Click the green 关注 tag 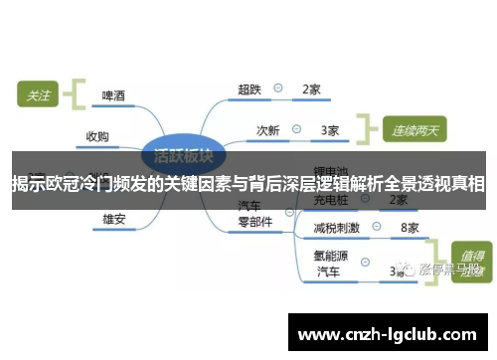click(38, 95)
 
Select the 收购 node click(97, 136)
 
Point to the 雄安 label click(113, 218)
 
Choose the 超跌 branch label click(249, 90)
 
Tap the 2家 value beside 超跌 click(311, 90)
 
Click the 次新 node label click(268, 129)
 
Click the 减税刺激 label click(336, 228)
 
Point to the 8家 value click(409, 228)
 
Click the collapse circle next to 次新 click(297, 129)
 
